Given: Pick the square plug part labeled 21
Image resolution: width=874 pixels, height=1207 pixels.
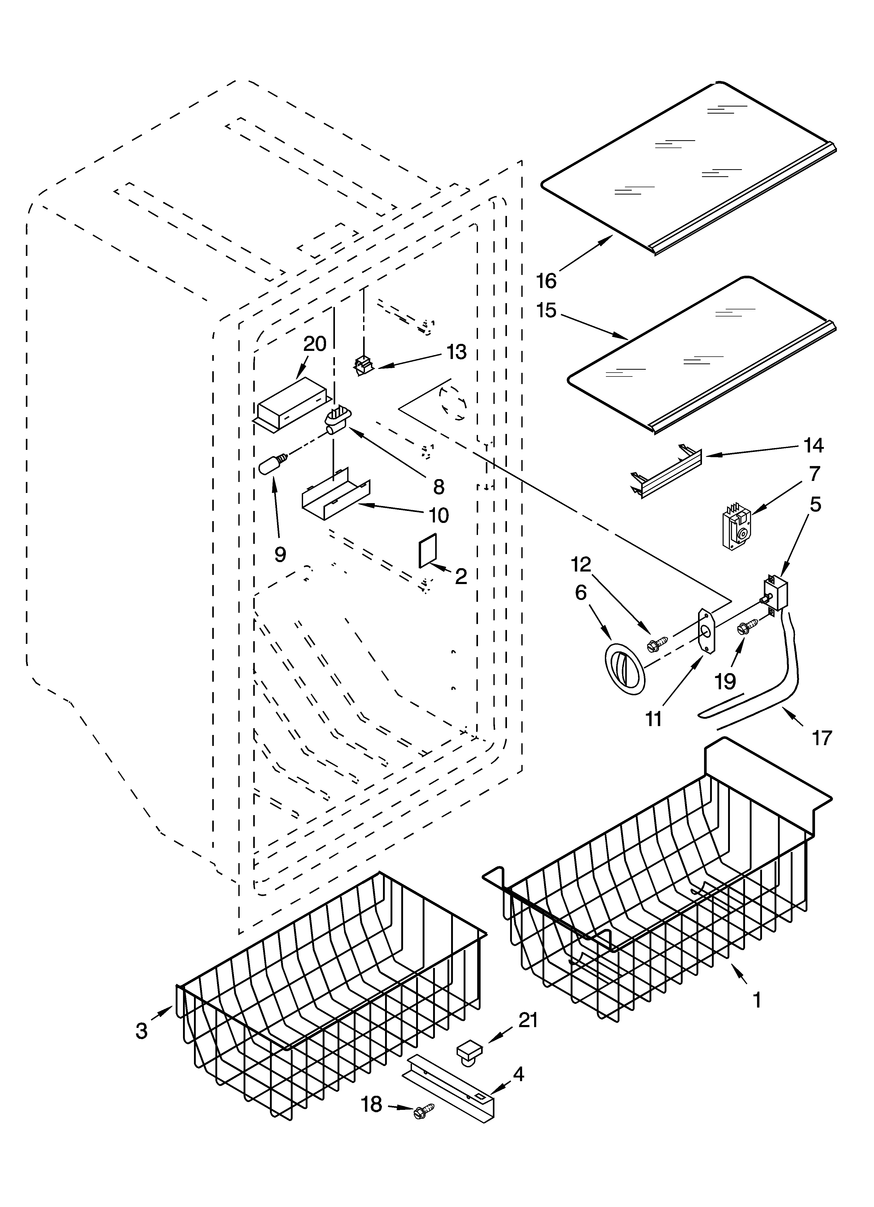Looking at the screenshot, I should (468, 1051).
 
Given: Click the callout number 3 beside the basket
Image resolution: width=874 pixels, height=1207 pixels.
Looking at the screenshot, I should (141, 1031).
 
